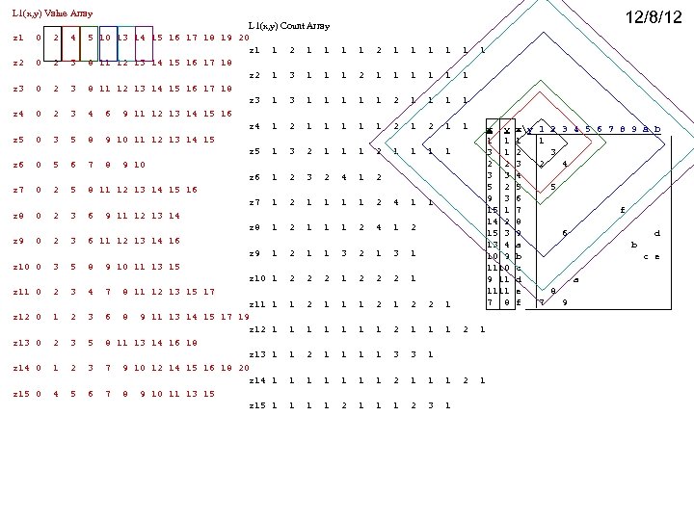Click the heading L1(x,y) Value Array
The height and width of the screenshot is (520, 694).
52,13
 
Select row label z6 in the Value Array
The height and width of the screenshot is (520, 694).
19,165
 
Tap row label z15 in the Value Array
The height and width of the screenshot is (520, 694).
21,393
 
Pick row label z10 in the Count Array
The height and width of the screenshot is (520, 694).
256,278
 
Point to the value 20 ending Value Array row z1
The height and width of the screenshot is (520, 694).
243,38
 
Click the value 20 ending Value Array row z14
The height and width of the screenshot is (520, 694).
243,368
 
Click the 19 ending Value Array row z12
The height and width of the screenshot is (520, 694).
243,317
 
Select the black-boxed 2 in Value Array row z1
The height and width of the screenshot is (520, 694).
56,38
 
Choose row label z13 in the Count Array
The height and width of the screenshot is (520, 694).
256,354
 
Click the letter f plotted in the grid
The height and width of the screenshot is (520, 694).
623,209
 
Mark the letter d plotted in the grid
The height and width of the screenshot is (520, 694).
656,232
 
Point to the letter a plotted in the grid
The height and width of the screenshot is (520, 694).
575,279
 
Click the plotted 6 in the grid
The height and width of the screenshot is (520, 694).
565,232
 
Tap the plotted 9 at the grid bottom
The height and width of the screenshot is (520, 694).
564,303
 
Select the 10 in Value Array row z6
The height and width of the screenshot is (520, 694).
139,165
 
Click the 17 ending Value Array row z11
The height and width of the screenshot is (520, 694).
209,292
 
